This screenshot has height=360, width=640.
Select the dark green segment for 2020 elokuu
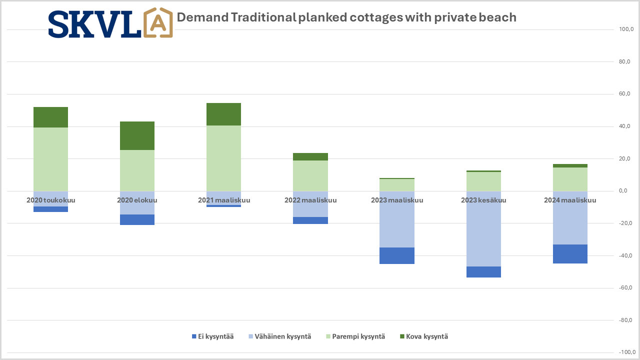(137, 135)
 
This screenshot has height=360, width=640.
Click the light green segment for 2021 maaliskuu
(223, 158)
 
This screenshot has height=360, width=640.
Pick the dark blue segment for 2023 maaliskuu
(397, 255)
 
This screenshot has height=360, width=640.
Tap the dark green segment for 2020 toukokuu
(50, 117)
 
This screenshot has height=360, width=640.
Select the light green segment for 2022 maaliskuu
(310, 175)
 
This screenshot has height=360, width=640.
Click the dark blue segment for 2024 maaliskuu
(570, 254)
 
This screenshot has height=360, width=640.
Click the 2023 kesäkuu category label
(483, 200)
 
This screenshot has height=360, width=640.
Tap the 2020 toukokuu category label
(50, 200)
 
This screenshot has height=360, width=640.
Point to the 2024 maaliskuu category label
(570, 200)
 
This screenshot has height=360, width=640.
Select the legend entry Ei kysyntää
(212, 336)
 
